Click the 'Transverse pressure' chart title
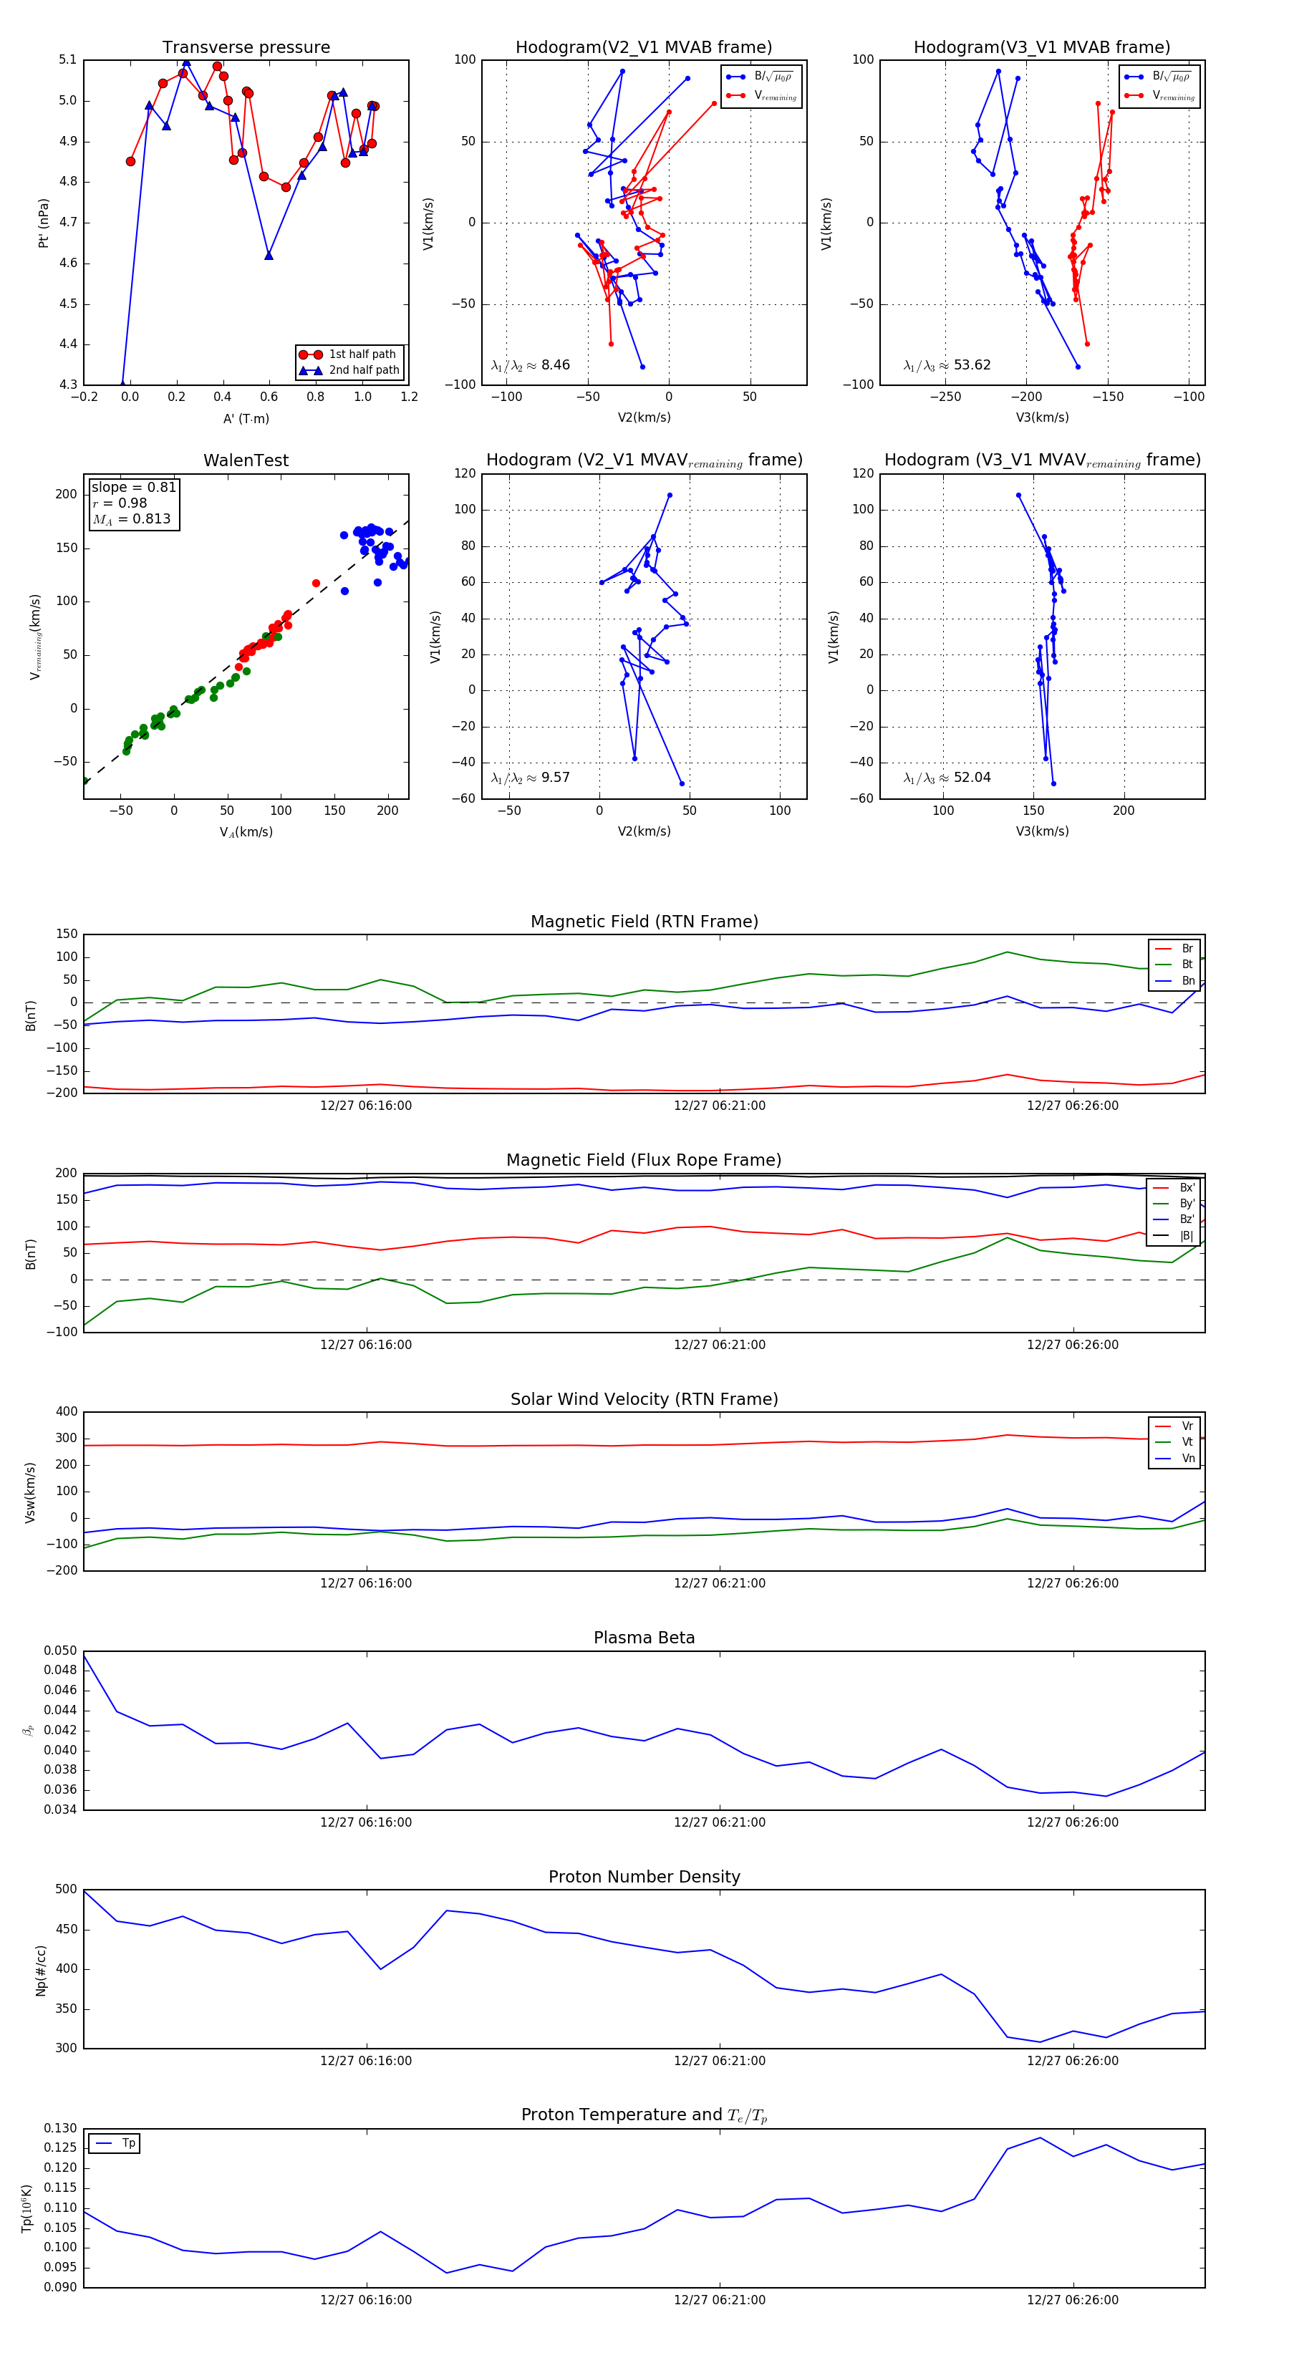tap(246, 48)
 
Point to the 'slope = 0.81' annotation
tap(133, 487)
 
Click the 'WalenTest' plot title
tap(246, 460)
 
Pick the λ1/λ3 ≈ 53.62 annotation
tap(947, 365)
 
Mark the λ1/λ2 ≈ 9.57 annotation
tap(530, 778)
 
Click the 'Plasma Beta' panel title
tap(644, 1638)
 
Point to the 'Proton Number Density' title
tap(644, 1877)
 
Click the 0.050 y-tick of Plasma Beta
tap(61, 1651)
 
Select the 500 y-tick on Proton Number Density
tap(66, 1890)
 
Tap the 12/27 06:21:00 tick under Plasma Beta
tap(719, 1822)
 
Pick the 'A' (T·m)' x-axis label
tap(246, 419)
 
